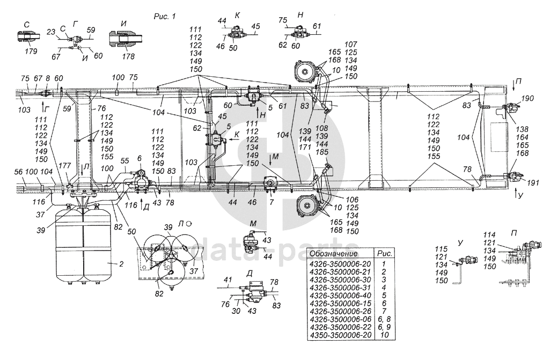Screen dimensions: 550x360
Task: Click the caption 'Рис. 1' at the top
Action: tap(165, 16)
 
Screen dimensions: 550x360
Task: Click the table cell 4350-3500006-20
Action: tap(340, 335)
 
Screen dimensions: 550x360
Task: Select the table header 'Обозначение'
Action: tap(334, 253)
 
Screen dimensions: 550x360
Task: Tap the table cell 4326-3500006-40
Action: tap(340, 296)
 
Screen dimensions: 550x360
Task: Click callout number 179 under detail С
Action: tap(31, 52)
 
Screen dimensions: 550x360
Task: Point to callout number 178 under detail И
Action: tap(128, 56)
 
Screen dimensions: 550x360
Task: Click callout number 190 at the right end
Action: tap(527, 98)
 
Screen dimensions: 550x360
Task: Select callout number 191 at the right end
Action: tap(532, 182)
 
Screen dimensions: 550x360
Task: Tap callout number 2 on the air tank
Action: tap(121, 264)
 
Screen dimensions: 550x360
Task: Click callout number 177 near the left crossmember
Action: tap(64, 166)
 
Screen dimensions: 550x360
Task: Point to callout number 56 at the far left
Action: tap(19, 172)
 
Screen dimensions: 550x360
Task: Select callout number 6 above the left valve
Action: tap(140, 159)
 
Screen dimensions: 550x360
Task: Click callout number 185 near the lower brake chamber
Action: tap(321, 152)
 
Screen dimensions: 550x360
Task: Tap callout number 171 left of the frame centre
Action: tap(305, 148)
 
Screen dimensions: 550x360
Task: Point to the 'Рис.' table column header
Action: tap(384, 253)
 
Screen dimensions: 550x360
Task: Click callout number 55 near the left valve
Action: tap(125, 161)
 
